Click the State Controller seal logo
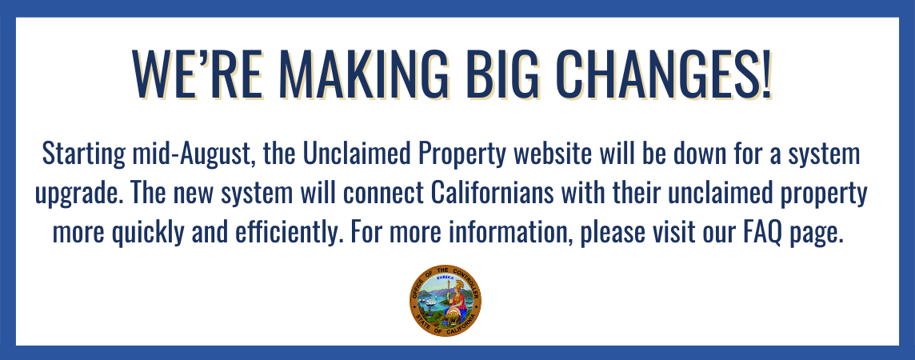pyautogui.click(x=446, y=301)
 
